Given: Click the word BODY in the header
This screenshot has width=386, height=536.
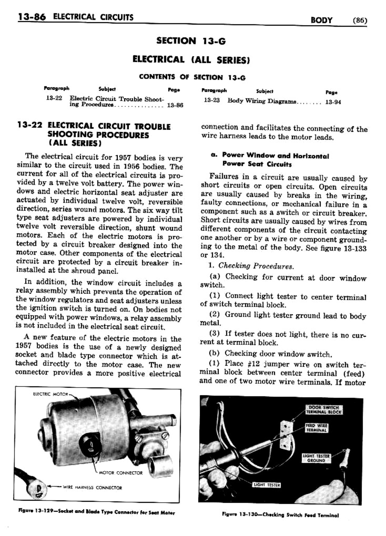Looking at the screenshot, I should pyautogui.click(x=321, y=20).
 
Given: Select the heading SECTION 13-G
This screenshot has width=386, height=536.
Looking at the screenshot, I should pyautogui.click(x=191, y=41).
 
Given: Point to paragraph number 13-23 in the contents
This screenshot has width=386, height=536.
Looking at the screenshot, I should pyautogui.click(x=212, y=100).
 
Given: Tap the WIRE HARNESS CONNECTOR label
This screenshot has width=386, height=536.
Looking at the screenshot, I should pyautogui.click(x=92, y=487).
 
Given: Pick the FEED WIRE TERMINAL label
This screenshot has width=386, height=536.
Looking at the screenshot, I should pyautogui.click(x=317, y=428).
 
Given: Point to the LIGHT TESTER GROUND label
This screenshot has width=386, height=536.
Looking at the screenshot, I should pyautogui.click(x=316, y=458).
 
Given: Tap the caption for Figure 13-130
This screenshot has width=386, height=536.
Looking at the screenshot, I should pyautogui.click(x=280, y=515).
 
